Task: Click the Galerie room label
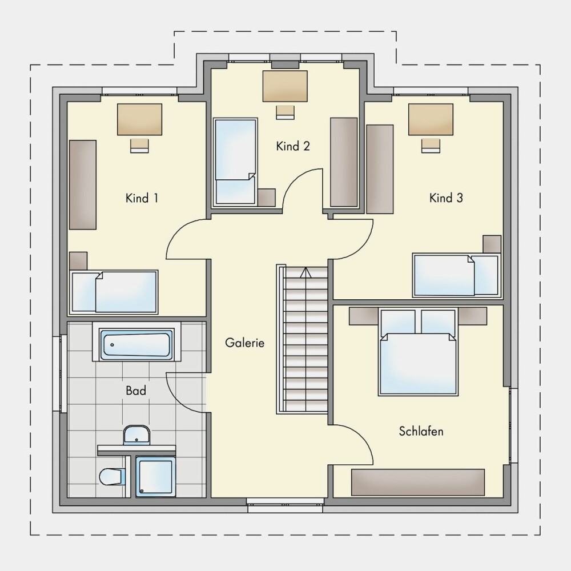pos(245,343)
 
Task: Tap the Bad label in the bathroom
pos(136,391)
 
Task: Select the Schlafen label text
pos(421,431)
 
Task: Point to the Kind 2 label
pos(293,146)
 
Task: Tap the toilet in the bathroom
pos(112,477)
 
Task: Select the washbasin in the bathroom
pos(136,435)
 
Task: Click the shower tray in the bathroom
pos(155,477)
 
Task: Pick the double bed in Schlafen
pos(418,352)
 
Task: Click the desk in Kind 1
pos(139,119)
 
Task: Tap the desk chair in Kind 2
pos(285,112)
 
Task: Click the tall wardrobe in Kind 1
pos(83,184)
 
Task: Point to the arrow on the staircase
pos(305,272)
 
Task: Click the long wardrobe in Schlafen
pos(418,482)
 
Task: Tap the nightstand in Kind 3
pos(492,244)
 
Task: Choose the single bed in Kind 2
pos(235,162)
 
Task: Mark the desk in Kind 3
pos(431,119)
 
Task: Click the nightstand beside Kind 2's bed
pos(267,198)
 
